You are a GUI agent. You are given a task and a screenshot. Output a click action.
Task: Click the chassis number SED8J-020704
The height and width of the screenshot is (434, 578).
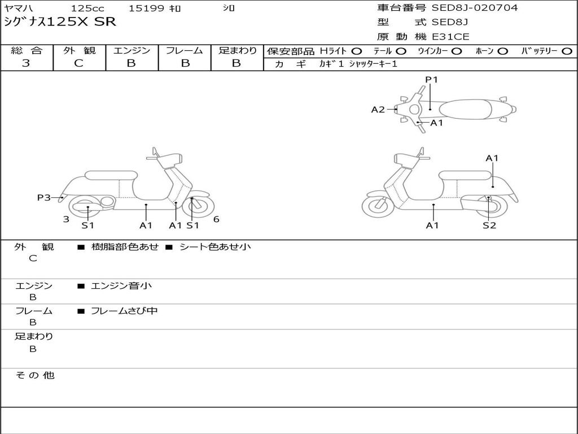click(474, 8)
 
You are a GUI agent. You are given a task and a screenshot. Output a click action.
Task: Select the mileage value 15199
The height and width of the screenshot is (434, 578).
click(146, 8)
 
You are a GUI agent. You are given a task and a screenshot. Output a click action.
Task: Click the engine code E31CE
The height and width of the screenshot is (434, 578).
click(450, 37)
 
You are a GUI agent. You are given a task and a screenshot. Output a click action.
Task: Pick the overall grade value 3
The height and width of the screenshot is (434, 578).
click(26, 63)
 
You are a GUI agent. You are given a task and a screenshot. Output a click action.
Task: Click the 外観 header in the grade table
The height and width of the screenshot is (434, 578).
click(79, 51)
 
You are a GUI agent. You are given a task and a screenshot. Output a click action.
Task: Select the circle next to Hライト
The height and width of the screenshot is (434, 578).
click(356, 51)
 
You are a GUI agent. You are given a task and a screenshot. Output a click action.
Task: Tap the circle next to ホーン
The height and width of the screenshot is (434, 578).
click(502, 51)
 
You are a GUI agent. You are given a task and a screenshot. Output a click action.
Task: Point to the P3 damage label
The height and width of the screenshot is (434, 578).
click(44, 197)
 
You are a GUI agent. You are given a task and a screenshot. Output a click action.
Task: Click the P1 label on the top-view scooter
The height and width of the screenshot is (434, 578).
click(432, 80)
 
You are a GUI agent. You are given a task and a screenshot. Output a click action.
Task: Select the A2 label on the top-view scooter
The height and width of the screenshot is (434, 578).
click(378, 110)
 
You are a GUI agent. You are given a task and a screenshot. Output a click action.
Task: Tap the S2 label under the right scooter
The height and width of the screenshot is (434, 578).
click(489, 225)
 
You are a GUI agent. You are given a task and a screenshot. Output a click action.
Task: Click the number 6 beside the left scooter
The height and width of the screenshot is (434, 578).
click(216, 219)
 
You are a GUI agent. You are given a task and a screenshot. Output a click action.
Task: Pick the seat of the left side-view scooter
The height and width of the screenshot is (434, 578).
click(110, 175)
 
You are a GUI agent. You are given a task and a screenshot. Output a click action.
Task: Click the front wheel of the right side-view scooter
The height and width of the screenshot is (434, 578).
click(378, 206)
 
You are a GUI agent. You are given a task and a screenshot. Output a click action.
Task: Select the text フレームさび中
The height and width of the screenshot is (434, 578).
click(124, 311)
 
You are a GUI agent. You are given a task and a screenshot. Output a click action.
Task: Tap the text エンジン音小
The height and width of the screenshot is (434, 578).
click(121, 286)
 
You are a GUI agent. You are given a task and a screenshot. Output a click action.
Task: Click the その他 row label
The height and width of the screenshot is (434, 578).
click(34, 375)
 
